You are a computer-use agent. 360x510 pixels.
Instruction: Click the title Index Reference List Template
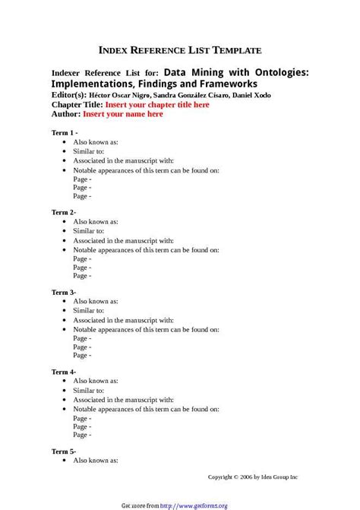pyautogui.click(x=180, y=50)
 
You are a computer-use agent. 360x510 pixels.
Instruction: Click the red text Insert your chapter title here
pyautogui.click(x=157, y=105)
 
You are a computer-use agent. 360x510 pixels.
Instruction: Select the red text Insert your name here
pyautogui.click(x=122, y=114)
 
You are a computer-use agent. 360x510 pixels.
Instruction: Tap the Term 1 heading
pyautogui.click(x=65, y=132)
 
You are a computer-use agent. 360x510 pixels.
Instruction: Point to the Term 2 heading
pyautogui.click(x=64, y=211)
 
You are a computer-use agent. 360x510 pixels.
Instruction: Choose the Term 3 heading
pyautogui.click(x=64, y=292)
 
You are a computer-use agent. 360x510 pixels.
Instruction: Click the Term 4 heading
pyautogui.click(x=64, y=372)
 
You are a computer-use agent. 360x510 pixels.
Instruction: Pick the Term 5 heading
pyautogui.click(x=64, y=451)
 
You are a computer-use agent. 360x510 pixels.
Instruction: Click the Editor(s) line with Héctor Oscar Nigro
pyautogui.click(x=160, y=95)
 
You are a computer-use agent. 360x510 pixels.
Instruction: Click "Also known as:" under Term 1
pyautogui.click(x=96, y=142)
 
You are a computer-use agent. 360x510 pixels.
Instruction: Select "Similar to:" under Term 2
pyautogui.click(x=89, y=230)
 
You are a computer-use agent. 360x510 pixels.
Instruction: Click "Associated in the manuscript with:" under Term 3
pyautogui.click(x=123, y=320)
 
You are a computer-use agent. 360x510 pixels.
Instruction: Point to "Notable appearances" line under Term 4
pyautogui.click(x=146, y=409)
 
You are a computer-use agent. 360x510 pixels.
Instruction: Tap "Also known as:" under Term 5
pyautogui.click(x=96, y=461)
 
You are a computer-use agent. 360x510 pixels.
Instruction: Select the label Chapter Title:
pyautogui.click(x=77, y=105)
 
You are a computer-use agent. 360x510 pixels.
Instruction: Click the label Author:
pyautogui.click(x=66, y=114)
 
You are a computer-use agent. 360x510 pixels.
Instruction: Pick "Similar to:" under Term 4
pyautogui.click(x=89, y=390)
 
